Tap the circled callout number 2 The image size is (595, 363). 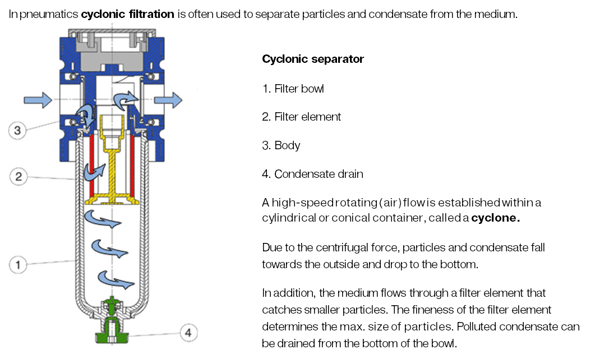(18, 177)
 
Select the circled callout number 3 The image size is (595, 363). (18, 131)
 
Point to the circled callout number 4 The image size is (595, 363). (188, 333)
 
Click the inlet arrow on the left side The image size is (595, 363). (38, 100)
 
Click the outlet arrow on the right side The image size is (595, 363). (168, 100)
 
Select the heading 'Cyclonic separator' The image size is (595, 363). (313, 59)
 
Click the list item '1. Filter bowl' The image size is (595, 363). (293, 89)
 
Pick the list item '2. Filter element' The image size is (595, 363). (302, 117)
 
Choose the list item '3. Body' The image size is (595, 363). (281, 145)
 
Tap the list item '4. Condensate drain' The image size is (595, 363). (312, 174)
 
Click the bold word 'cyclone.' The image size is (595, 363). (495, 218)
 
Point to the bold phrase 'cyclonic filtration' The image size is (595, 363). (127, 14)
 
